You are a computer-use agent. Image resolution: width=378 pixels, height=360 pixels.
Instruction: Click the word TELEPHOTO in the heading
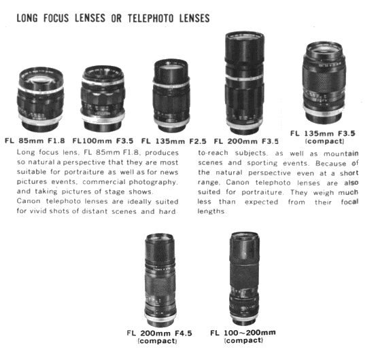[151, 18]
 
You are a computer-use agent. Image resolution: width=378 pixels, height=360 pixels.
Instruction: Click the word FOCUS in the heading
[56, 18]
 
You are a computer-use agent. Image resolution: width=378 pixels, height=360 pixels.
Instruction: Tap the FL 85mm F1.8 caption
[35, 141]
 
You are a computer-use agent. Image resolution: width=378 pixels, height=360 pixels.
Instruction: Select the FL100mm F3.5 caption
[103, 141]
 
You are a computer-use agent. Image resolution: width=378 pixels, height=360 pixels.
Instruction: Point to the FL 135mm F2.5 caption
[174, 141]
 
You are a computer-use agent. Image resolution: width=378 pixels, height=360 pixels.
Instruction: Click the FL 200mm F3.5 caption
[246, 141]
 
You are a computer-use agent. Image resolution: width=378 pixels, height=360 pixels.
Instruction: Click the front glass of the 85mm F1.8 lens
[41, 79]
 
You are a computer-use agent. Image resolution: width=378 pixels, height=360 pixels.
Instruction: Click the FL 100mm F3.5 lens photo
[103, 98]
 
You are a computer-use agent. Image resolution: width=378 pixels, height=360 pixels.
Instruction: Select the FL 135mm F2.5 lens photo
[171, 96]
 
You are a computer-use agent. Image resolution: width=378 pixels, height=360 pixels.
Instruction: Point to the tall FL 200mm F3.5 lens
[245, 83]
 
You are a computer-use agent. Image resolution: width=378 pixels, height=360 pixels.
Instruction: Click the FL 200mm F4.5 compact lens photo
[160, 280]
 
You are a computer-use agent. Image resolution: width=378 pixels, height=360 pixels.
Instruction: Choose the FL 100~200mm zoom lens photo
[244, 279]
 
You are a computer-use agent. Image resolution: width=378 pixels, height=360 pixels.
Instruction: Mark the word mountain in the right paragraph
[341, 154]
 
